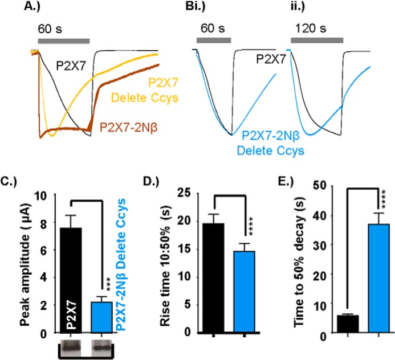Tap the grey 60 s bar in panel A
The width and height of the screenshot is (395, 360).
[63, 41]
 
